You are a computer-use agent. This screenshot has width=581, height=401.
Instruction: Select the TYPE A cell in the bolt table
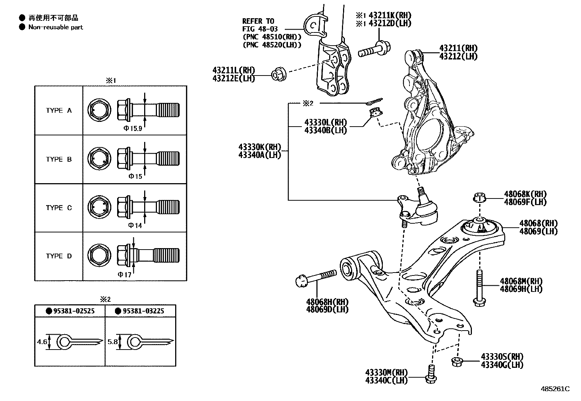click(x=59, y=111)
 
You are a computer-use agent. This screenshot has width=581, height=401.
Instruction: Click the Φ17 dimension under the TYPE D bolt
click(x=124, y=274)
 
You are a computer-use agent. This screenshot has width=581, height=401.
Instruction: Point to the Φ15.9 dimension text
click(x=132, y=128)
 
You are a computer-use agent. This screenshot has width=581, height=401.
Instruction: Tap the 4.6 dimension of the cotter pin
click(x=42, y=342)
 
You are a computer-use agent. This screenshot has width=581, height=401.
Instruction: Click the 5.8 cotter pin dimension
click(x=113, y=342)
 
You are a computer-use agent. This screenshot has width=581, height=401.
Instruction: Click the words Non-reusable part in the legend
click(x=55, y=27)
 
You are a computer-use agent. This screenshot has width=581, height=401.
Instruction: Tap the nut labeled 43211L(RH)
click(x=279, y=74)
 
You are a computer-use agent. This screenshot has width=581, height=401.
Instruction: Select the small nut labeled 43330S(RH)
click(x=456, y=362)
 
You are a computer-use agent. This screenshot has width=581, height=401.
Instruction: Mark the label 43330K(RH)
click(x=259, y=147)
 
